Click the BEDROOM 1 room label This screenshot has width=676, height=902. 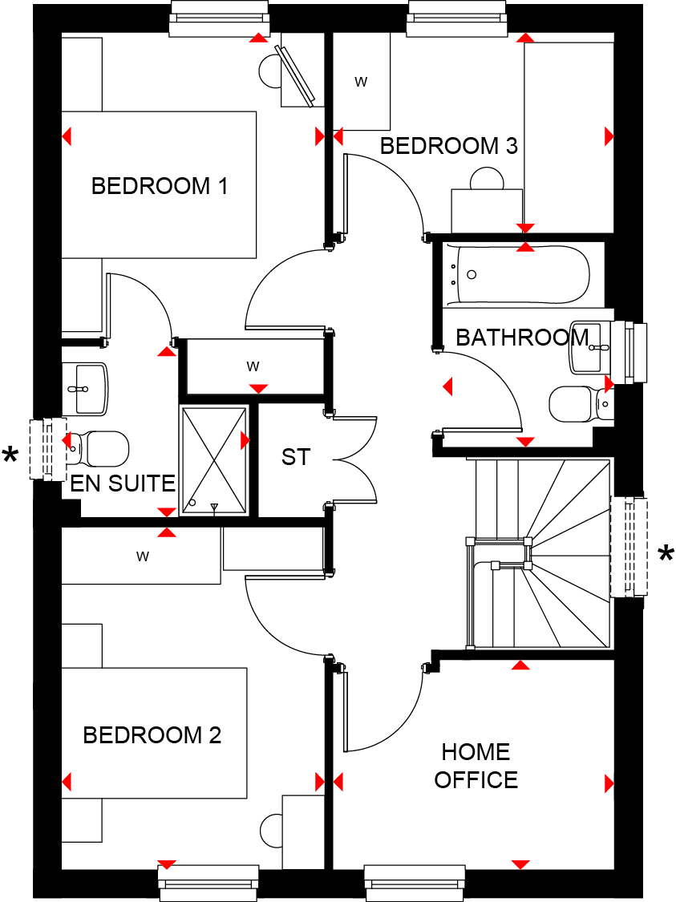click(x=160, y=186)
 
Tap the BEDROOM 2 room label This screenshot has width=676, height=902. click(x=152, y=735)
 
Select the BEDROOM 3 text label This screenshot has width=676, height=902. click(x=449, y=146)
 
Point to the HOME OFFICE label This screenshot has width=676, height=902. click(x=476, y=766)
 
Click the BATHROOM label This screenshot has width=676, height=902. click(x=522, y=338)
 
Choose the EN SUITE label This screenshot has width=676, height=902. click(x=123, y=483)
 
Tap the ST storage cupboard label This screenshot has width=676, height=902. click(x=296, y=457)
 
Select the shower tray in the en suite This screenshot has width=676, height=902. click(x=214, y=460)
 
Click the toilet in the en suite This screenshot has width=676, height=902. click(x=98, y=449)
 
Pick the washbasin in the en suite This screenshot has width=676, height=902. click(x=84, y=389)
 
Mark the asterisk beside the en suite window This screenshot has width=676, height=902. click(x=10, y=455)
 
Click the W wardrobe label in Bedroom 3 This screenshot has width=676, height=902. click(x=361, y=82)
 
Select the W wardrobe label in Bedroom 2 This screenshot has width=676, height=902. click(x=142, y=556)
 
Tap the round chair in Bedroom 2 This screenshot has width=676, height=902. click(x=271, y=830)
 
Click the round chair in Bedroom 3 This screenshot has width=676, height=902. click(x=487, y=178)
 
